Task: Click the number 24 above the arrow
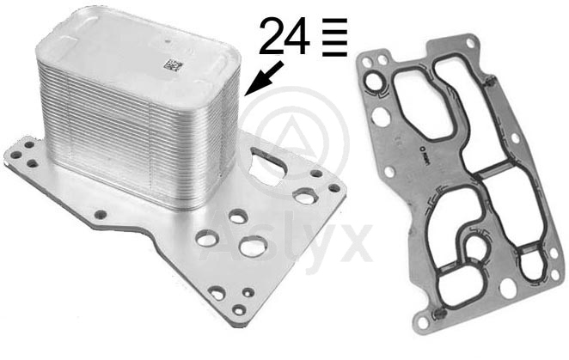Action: click(x=284, y=36)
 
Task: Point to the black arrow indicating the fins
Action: click(x=264, y=78)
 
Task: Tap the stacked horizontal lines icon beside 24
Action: click(x=334, y=38)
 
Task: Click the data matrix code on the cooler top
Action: click(x=172, y=65)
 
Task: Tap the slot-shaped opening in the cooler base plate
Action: click(x=269, y=165)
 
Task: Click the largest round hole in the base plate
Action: click(x=253, y=247)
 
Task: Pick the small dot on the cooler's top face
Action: click(x=168, y=42)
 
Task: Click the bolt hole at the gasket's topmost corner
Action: click(x=470, y=43)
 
